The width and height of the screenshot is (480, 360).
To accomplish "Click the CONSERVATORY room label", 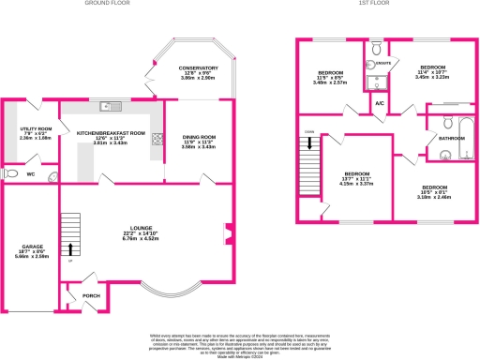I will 198,68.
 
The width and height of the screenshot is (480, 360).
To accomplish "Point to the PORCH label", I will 92,296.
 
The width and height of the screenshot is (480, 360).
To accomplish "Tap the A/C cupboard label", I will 380,102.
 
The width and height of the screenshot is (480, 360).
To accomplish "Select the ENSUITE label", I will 382,64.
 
